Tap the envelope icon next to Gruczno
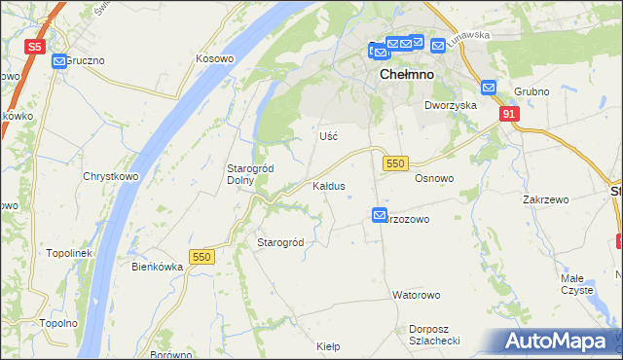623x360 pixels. [x=58, y=60]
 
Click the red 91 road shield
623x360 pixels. [x=509, y=114]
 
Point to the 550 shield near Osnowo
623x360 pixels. [x=394, y=163]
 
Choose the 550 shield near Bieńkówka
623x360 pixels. [x=202, y=257]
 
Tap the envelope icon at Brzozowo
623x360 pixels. [x=380, y=214]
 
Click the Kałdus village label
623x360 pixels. [x=328, y=185]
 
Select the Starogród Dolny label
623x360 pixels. [x=249, y=174]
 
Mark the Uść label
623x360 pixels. [x=329, y=136]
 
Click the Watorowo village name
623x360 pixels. [x=417, y=294]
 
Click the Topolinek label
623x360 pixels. [x=68, y=253]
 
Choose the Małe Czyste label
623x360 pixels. [x=577, y=283]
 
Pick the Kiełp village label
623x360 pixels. [x=328, y=345]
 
